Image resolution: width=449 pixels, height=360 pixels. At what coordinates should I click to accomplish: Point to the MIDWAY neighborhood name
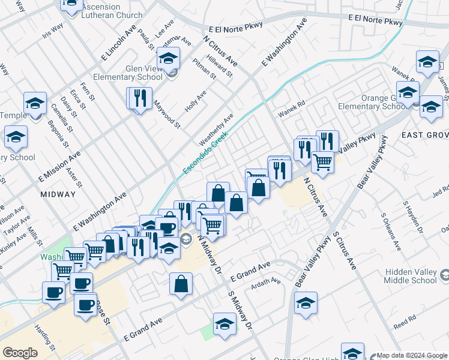pos(58,194)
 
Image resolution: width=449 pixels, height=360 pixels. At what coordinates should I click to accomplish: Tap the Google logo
pos(20,353)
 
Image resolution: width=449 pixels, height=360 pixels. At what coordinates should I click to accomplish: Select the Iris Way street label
pos(53,31)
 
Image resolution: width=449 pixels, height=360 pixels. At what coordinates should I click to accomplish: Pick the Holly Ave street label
pos(196,101)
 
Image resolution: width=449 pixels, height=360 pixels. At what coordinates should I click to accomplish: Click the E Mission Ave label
pos(59,167)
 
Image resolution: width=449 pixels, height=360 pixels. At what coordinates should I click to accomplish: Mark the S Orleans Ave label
pos(391,234)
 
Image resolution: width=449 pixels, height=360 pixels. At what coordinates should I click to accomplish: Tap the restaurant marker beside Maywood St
pos(140,98)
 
